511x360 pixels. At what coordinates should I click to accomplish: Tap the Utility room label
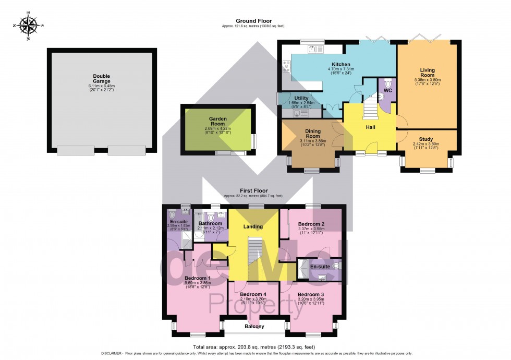click(x=301, y=98)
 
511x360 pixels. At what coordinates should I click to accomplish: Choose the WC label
click(x=387, y=90)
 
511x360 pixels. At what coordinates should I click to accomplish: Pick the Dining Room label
click(x=312, y=133)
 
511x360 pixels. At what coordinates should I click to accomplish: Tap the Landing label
click(x=253, y=226)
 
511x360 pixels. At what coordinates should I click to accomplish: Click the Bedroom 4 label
click(x=254, y=294)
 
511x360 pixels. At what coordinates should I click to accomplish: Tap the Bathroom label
click(x=210, y=223)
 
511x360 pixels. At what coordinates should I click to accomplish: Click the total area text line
click(x=255, y=347)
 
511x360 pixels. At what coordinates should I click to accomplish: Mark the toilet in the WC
click(x=387, y=83)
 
